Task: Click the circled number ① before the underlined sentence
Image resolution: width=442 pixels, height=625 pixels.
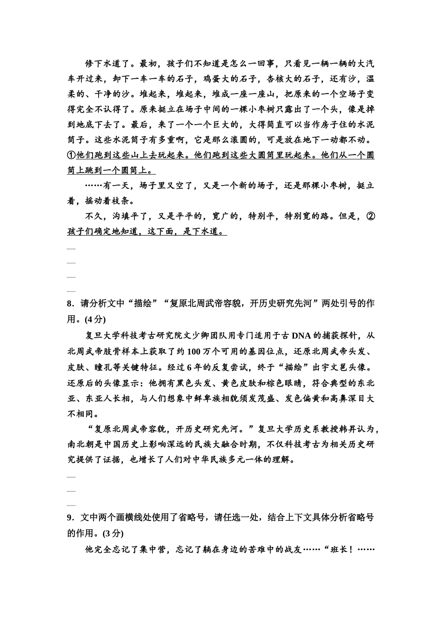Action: pyautogui.click(x=71, y=155)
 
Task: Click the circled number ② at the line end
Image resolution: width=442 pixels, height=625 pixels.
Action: pyautogui.click(x=370, y=216)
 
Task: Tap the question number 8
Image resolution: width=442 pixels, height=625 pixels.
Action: pyautogui.click(x=70, y=304)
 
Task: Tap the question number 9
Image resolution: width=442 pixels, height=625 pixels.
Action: pyautogui.click(x=70, y=518)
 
